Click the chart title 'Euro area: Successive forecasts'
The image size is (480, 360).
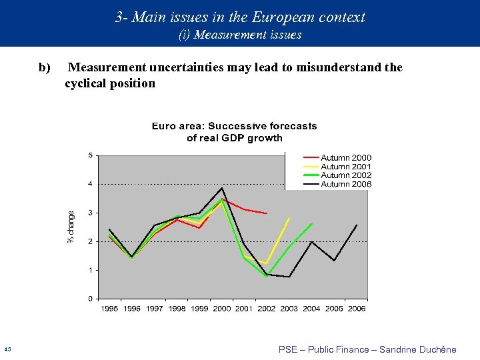tap(234, 126)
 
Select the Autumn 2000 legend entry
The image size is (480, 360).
tap(346, 158)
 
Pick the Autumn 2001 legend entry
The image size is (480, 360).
tap(346, 167)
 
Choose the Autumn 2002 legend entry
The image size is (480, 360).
tap(346, 175)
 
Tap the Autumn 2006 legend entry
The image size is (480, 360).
tap(346, 184)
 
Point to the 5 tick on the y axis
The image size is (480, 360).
tap(91, 156)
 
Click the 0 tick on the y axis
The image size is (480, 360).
tap(91, 299)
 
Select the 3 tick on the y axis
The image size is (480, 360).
tap(91, 213)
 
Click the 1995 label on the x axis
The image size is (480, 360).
tap(109, 309)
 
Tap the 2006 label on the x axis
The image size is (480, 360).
tap(357, 309)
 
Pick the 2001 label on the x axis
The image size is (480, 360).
tap(244, 309)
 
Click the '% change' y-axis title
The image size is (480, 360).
tap(72, 227)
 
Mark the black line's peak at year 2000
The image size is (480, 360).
tap(222, 188)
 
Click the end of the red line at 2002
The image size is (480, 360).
tap(267, 213)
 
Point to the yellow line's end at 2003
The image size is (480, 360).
tap(289, 218)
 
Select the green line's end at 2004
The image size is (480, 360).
tap(312, 223)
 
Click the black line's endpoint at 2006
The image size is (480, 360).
tap(357, 225)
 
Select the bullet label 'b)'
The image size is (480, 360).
tap(45, 67)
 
